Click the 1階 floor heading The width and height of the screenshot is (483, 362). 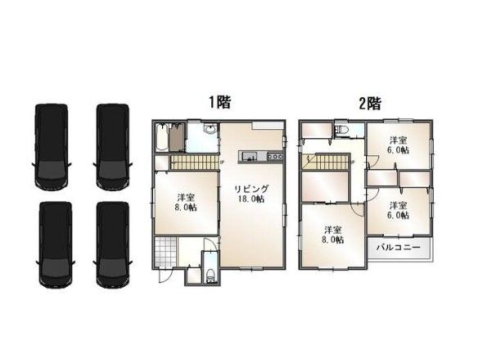point(220,102)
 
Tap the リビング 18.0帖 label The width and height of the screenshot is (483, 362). point(251,194)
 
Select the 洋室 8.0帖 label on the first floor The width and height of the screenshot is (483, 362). point(186,202)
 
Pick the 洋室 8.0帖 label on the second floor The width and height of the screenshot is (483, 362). point(332,235)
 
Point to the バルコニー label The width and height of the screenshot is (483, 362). point(399,248)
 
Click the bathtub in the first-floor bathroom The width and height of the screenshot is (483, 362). point(161,137)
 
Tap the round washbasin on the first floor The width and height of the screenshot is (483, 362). point(210,129)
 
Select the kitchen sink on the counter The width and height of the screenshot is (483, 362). point(249,157)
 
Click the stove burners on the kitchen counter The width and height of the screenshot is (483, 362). point(275,156)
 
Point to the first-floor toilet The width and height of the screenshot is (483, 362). point(210,275)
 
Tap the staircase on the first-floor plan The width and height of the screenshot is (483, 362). point(194,162)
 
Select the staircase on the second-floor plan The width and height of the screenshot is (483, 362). point(326,162)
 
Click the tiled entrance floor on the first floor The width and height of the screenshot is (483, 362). point(166,253)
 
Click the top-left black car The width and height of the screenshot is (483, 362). point(52,146)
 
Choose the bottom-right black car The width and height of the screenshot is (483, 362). point(113,245)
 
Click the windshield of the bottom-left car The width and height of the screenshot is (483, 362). point(56,267)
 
